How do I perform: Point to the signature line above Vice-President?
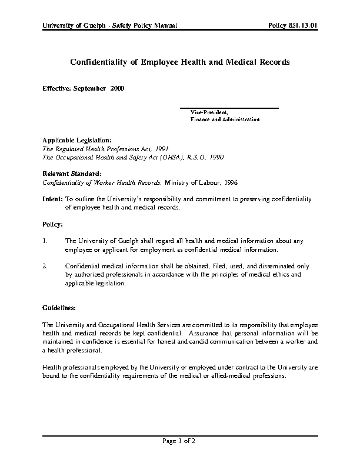tap(229, 108)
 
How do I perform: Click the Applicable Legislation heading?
tap(76, 140)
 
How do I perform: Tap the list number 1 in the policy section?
tap(45, 241)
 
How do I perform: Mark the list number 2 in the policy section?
tap(45, 266)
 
